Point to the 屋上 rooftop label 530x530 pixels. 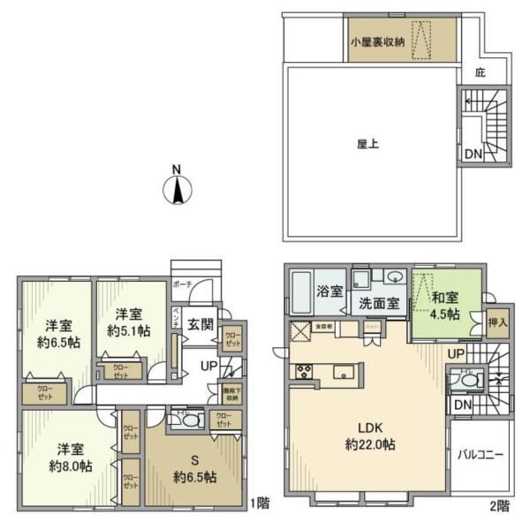(x=368, y=144)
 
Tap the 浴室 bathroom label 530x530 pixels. (x=330, y=292)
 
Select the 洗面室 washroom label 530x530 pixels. (x=381, y=301)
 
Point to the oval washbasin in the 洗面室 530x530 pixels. (x=394, y=277)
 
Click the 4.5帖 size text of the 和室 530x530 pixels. (x=444, y=314)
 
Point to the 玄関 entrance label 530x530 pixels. (x=200, y=324)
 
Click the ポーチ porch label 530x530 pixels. (x=183, y=284)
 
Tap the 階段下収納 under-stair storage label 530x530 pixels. (x=229, y=393)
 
